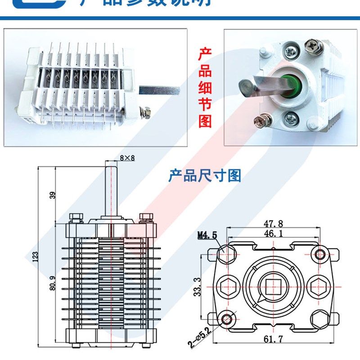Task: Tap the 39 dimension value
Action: [53, 195]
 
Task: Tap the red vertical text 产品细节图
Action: [205, 88]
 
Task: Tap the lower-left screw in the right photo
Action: [260, 120]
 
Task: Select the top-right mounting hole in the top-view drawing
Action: [320, 255]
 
